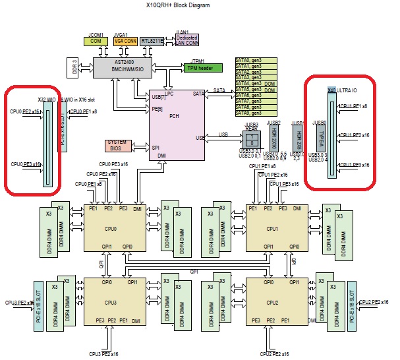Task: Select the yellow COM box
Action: pos(96,40)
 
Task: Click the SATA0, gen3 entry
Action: pos(248,61)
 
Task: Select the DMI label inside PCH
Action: pos(161,156)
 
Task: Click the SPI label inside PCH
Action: pos(156,147)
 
